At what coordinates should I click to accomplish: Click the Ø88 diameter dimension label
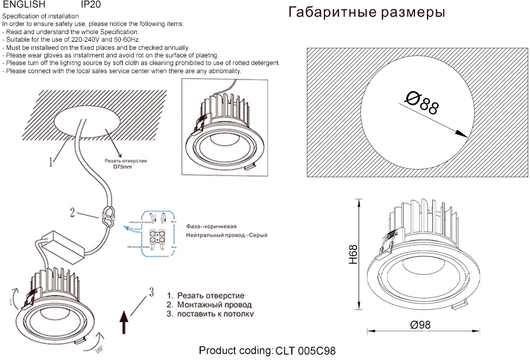tap(422, 102)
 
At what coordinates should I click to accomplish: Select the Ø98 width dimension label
tap(420, 325)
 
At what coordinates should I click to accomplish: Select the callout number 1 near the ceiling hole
tap(50, 161)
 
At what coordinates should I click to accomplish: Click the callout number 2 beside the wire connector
tap(72, 212)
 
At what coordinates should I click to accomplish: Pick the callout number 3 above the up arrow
tap(151, 293)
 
